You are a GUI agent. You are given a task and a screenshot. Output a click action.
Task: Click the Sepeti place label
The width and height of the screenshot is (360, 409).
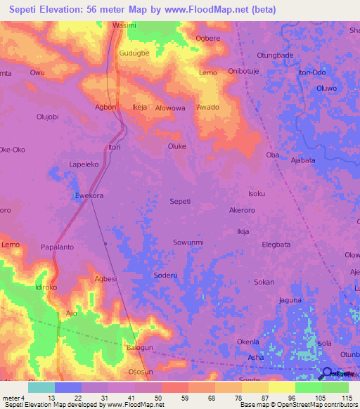coord(180,201)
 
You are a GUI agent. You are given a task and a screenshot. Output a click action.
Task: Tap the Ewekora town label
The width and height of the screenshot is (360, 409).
coord(89,196)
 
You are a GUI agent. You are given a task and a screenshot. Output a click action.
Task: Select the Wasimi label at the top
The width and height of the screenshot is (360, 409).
coord(124,25)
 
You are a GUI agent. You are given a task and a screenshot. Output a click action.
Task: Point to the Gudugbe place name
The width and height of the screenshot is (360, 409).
coord(134,53)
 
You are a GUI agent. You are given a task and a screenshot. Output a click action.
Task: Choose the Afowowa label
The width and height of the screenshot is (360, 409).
coord(170,108)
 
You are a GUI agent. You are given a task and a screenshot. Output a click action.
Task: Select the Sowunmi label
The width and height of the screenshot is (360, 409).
coord(188,242)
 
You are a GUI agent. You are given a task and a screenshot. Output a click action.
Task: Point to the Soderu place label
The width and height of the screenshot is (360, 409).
coord(165,276)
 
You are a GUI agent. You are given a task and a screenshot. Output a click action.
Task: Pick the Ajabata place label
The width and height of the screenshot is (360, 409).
coord(302,160)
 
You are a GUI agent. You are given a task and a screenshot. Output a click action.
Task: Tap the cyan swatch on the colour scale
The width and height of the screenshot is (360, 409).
coord(41,387)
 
